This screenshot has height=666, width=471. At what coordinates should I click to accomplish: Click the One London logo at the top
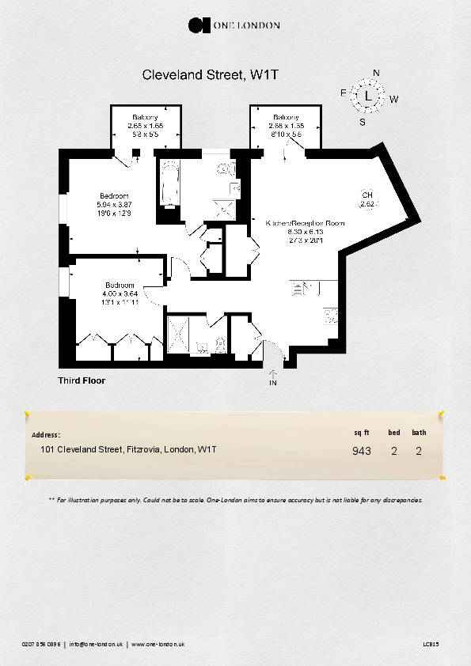pos(234,25)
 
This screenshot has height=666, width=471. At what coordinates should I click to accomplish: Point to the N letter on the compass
pos(376,74)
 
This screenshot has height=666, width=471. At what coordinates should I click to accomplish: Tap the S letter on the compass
pos(363,122)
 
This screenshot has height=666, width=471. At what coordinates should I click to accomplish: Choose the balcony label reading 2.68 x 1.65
pos(286,125)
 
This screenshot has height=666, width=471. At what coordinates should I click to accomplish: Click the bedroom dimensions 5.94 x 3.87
pos(113,205)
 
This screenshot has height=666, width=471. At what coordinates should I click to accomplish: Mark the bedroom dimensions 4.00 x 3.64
pos(120,293)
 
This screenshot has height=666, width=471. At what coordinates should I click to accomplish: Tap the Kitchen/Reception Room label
pos(306,223)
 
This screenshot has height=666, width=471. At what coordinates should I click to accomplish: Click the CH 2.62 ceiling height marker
pos(367,200)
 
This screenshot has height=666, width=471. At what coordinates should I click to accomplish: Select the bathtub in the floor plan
pos(169,184)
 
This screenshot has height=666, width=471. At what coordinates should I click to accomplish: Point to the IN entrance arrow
pos(273,379)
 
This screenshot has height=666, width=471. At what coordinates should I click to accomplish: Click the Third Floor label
pos(82,380)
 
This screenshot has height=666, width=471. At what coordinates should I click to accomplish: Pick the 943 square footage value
pos(362,452)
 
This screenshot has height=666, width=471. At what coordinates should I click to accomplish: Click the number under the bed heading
pos(393,452)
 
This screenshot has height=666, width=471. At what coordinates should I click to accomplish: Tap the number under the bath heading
pos(419,452)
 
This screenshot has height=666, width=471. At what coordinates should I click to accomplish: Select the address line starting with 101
pos(128,449)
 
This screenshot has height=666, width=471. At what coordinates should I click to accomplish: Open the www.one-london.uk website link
pos(158,645)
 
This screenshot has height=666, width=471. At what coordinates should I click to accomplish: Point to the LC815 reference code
pos(431,645)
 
